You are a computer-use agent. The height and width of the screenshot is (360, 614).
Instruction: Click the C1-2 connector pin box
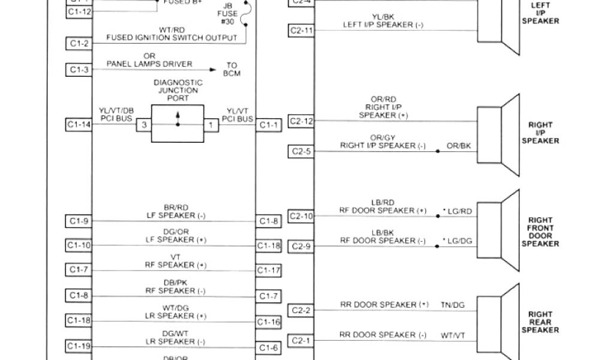(x=79, y=43)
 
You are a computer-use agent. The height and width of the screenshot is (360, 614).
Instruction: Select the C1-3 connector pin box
(x=79, y=70)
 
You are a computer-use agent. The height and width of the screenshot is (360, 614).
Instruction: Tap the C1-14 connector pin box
(x=79, y=125)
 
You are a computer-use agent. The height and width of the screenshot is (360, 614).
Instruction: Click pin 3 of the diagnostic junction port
(x=143, y=125)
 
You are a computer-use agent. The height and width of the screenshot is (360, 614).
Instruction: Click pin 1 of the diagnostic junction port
(x=210, y=125)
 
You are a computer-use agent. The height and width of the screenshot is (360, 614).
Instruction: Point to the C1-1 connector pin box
(x=269, y=125)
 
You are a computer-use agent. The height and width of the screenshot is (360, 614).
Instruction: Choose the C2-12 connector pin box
(x=300, y=121)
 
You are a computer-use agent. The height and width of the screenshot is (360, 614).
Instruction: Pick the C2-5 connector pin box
(x=300, y=151)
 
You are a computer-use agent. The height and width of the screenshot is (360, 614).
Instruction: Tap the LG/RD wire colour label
(x=458, y=211)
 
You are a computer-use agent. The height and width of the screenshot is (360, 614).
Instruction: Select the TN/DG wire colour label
(x=453, y=305)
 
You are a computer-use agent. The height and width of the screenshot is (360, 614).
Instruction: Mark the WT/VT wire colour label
(x=453, y=335)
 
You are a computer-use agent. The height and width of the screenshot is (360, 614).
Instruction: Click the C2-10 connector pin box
(x=300, y=216)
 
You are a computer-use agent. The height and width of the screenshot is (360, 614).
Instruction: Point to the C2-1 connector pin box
(x=300, y=341)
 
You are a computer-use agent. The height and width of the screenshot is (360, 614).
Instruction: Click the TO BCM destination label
(x=232, y=70)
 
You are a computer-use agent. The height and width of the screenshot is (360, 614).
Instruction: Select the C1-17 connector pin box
(x=269, y=271)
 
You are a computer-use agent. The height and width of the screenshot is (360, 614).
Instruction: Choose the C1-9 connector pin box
(x=79, y=221)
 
